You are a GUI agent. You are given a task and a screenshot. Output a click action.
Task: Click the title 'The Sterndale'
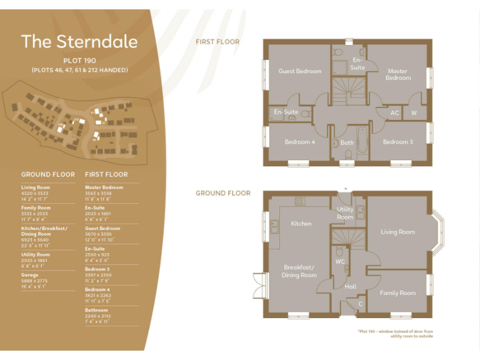79,41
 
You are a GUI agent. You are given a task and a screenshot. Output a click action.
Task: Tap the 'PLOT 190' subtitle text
79,61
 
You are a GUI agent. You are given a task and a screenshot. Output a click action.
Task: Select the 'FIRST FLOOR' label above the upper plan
217,42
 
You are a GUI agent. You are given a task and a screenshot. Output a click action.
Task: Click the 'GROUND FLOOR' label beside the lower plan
222,193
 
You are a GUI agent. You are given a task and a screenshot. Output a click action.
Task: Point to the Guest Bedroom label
299,71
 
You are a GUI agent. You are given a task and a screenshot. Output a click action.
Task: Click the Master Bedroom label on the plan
397,74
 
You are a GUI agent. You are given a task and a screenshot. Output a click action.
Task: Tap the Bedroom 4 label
300,142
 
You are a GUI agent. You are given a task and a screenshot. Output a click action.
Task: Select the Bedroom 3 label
397,142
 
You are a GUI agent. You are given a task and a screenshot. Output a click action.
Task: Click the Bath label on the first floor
347,142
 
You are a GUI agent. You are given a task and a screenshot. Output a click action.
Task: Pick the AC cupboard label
394,113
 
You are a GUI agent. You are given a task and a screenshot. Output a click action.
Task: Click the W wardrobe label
414,113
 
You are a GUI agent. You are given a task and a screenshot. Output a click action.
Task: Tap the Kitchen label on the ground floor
301,223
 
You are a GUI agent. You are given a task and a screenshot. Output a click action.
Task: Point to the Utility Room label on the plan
345,213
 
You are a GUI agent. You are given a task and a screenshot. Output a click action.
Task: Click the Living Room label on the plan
397,232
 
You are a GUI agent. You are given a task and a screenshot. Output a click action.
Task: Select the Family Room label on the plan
397,292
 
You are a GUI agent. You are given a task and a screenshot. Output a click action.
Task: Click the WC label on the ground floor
340,261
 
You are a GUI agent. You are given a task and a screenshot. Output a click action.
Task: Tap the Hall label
350,287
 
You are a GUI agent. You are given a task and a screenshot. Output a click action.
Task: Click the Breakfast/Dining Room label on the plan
299,271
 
